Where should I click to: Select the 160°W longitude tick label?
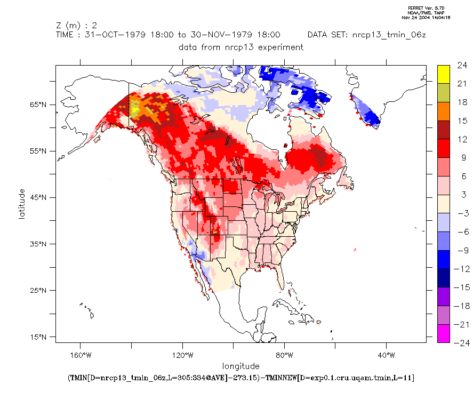[x=80, y=355]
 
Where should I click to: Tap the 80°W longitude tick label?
[x=284, y=355]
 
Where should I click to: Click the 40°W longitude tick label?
[x=386, y=355]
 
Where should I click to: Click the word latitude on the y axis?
[x=22, y=203]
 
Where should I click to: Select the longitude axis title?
[x=241, y=366]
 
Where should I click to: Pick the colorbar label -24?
[x=460, y=342]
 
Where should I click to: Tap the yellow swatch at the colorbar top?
[x=443, y=74]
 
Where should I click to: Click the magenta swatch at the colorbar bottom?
[x=443, y=333]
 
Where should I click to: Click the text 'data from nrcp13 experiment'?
[x=241, y=47]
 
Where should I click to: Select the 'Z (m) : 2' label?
[x=76, y=25]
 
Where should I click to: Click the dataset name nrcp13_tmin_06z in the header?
[x=389, y=35]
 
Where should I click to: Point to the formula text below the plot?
[x=241, y=378]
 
